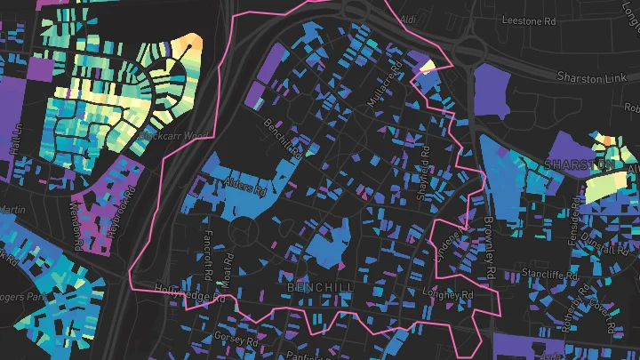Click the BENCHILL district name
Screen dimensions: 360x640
click(320, 289)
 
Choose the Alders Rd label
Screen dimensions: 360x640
click(248, 188)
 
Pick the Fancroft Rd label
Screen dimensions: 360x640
click(206, 254)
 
